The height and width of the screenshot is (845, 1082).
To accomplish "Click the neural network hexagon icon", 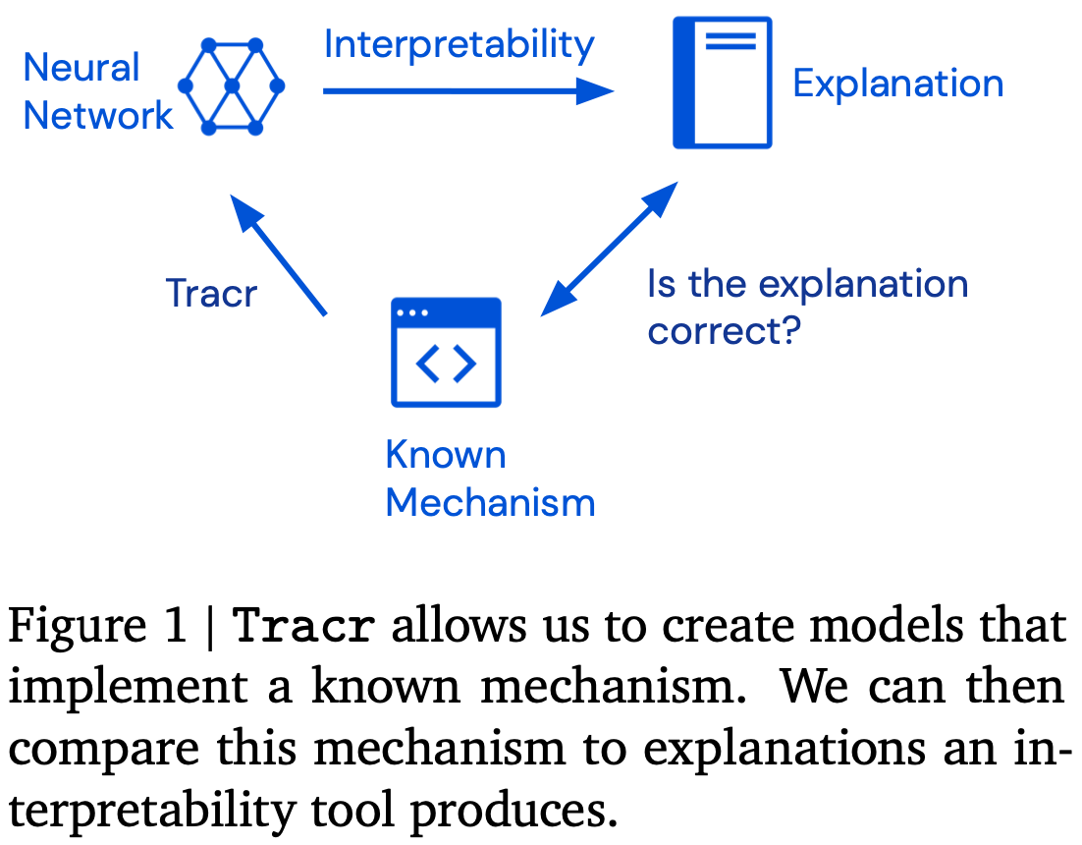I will (232, 87).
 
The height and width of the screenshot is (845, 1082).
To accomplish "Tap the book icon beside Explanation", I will (722, 84).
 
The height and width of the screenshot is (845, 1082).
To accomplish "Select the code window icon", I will (446, 352).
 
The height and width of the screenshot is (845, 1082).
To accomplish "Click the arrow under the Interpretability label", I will (467, 91).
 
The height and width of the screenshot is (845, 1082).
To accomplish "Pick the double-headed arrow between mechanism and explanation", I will (610, 248).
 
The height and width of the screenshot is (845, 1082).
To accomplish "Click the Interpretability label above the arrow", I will (459, 45).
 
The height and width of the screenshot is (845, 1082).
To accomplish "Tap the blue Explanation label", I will (897, 84).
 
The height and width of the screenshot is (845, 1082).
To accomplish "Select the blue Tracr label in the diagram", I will (211, 293).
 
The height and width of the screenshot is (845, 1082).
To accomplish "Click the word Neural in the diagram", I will (81, 68).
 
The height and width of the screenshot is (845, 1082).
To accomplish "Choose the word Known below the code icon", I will (446, 455).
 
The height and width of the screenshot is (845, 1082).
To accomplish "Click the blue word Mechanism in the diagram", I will (490, 502).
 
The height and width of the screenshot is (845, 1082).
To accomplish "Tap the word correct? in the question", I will (725, 331).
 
